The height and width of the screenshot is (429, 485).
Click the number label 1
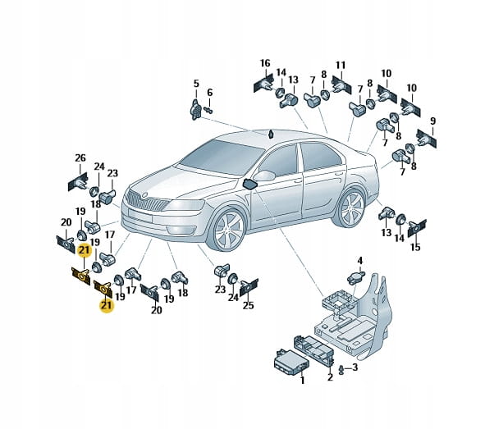point(302,380)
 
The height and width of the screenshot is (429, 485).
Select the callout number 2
point(330,377)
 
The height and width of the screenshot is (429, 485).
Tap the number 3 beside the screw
point(355,367)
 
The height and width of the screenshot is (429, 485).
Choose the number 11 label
point(341,66)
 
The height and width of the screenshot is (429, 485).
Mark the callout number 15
point(415,247)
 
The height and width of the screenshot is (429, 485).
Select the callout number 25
point(249,305)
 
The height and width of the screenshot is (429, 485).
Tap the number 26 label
point(80,158)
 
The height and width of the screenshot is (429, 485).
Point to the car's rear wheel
point(352,208)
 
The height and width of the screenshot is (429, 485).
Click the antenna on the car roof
point(272,135)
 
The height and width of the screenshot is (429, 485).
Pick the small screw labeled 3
point(341,370)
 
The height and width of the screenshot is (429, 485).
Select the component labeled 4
point(355,278)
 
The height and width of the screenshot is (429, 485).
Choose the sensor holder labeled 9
point(426,139)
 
